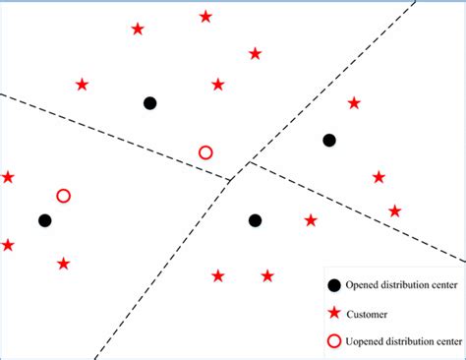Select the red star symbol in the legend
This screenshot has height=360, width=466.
[x=335, y=314]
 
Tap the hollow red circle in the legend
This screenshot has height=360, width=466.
[x=335, y=341]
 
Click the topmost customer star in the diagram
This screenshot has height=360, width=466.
[x=205, y=17]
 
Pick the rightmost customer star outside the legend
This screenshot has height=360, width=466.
[x=394, y=210]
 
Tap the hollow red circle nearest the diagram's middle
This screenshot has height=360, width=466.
[x=205, y=152]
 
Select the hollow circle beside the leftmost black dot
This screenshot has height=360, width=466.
[x=64, y=196]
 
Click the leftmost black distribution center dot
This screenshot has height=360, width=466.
[x=44, y=220]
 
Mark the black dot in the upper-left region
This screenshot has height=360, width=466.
[x=149, y=102]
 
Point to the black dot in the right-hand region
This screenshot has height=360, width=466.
[x=329, y=141]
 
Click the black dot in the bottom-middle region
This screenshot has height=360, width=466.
[x=255, y=220]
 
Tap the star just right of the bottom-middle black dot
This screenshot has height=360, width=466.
[x=311, y=220]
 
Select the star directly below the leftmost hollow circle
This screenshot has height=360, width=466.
[x=64, y=264]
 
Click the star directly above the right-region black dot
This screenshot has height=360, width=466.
[x=354, y=102]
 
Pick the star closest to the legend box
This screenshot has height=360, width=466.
[x=267, y=276]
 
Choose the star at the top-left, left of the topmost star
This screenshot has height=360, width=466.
[x=138, y=30]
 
